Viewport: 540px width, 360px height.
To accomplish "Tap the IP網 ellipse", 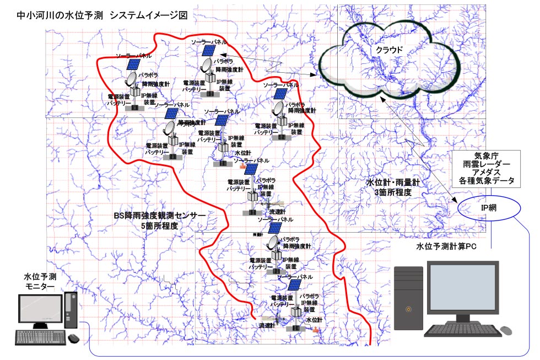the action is point(489,207).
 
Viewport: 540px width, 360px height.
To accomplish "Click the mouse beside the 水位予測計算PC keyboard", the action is point(505,330).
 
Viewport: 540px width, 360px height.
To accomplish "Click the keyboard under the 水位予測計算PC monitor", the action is point(462,331).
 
